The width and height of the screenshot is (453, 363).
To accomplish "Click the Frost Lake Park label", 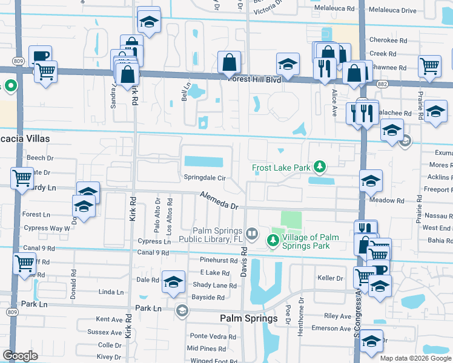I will [281, 167].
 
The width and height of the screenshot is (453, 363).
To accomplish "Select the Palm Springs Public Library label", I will [217, 235].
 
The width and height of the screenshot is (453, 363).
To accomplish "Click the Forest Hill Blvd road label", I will [254, 79].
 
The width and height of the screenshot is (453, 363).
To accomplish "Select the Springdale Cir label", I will [205, 178].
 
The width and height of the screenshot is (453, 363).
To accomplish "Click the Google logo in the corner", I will [20, 355].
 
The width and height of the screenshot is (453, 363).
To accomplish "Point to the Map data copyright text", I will [415, 358].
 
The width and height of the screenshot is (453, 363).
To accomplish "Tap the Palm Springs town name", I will [248, 318].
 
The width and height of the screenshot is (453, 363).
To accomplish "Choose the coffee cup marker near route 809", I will [40, 56].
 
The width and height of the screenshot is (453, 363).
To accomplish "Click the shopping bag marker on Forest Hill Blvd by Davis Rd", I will [230, 62].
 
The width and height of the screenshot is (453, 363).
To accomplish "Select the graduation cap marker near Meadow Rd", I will [371, 180].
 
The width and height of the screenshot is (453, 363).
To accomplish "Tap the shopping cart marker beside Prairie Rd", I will [429, 65].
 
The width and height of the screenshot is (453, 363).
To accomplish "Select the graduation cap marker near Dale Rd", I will [173, 282].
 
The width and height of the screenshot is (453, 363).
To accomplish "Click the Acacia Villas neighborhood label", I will [24, 139].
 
